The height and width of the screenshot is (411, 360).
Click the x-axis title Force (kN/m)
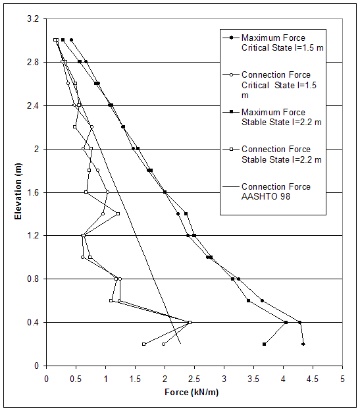tap(194, 394)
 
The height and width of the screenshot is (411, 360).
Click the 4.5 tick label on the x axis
tap(313, 379)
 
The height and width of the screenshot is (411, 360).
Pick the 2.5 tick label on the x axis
tap(194, 379)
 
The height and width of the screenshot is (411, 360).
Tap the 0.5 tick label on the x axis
tap(76, 379)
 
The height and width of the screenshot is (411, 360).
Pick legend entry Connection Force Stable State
tap(276, 154)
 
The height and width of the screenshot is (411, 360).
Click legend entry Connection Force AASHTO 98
tap(276, 191)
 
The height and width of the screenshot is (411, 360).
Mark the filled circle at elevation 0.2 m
tap(303, 344)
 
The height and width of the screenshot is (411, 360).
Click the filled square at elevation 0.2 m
tap(264, 344)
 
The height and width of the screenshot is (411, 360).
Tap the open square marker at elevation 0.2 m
tap(143, 344)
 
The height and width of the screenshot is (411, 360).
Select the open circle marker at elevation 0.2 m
tap(164, 344)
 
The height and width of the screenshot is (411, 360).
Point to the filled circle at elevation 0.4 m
tap(299, 322)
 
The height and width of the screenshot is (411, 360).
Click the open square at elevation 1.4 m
tap(118, 213)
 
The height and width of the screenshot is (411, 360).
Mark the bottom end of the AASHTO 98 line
tap(180, 344)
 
